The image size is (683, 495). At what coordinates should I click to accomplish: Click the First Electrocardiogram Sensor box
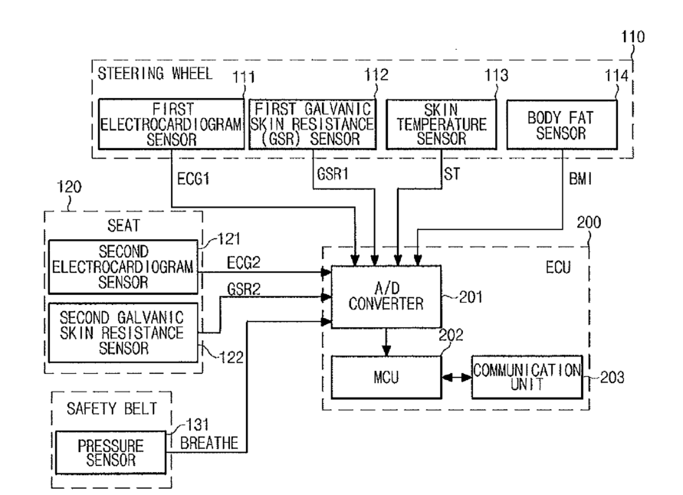coord(171,124)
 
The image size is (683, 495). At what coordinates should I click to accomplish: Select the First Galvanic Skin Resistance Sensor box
coord(312,124)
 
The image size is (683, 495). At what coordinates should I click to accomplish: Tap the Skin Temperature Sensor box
coord(442,124)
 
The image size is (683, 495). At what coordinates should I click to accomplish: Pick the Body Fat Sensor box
coord(562,125)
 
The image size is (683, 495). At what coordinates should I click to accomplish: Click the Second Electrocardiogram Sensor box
coord(123,267)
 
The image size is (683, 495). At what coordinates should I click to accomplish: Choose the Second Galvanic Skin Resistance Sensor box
coord(123,333)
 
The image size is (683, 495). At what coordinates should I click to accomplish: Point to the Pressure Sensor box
coord(110,452)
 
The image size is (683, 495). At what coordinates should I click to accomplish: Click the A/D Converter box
coord(386,297)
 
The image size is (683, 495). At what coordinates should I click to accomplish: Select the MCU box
coord(386,377)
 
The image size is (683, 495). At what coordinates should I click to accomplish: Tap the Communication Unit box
coord(527,377)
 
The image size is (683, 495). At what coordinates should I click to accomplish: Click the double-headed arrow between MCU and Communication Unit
coord(457,378)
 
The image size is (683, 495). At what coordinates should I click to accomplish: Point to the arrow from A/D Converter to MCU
coord(386,343)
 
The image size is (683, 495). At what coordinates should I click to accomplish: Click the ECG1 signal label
coord(193,179)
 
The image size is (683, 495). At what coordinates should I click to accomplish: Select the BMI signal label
coord(580,179)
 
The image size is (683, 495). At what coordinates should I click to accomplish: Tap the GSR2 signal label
coord(244,289)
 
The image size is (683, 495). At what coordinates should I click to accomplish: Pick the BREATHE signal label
coord(209,443)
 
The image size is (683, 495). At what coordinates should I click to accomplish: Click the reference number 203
coord(612,377)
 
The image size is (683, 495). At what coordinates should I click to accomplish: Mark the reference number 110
coord(632,37)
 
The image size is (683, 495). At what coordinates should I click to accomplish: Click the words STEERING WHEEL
coord(155,74)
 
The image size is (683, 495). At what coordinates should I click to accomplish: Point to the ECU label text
coord(558,267)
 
